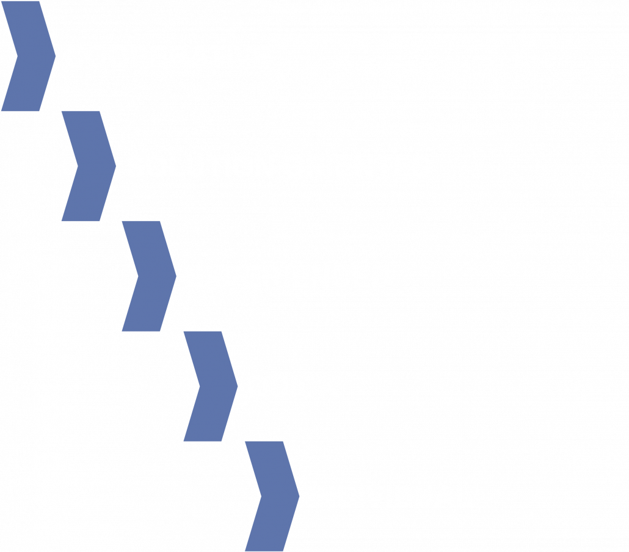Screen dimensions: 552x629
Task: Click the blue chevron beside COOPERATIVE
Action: (x=28, y=56)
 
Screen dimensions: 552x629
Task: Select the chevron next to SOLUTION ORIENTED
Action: (x=89, y=166)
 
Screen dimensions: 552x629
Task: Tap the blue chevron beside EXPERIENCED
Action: (x=150, y=276)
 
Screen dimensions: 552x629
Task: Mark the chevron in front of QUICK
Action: (x=211, y=387)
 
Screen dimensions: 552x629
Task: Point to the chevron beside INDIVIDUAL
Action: (x=272, y=496)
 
